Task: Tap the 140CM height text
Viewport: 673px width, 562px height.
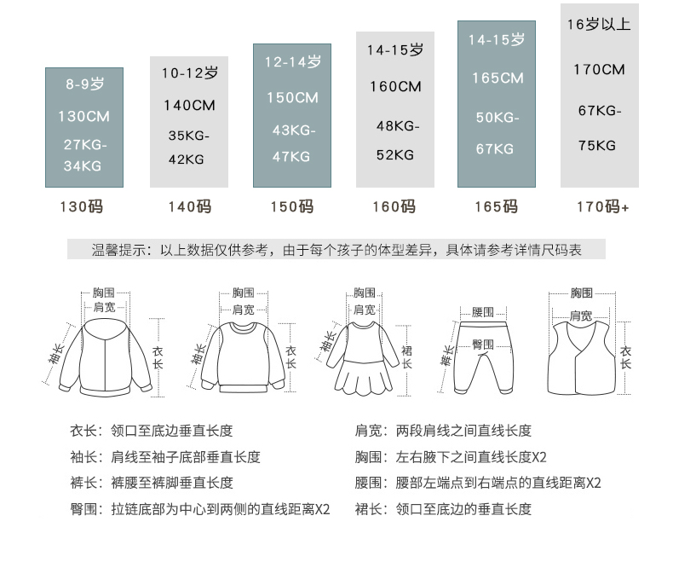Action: point(189,106)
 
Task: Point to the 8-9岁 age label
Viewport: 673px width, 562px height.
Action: point(85,84)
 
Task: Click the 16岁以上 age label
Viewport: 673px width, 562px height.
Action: point(599,25)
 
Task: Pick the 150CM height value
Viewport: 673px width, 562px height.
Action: point(291,97)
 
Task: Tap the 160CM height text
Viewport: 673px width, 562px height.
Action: point(395,87)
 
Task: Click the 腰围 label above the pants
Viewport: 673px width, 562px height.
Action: point(483,312)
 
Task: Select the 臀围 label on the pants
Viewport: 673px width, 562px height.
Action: point(483,344)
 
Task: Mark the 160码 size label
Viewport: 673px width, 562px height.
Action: point(394,206)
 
